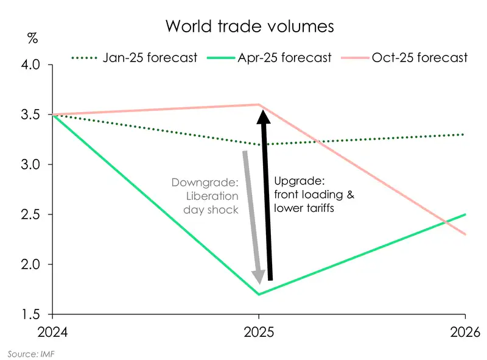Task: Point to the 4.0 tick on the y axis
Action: pos(36,65)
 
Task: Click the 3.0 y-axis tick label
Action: pos(36,164)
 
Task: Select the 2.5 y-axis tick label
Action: pos(36,214)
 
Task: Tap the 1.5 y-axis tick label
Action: pos(36,314)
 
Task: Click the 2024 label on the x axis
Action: pos(52,333)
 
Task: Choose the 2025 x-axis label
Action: pos(259,333)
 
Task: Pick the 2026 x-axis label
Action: pos(465,333)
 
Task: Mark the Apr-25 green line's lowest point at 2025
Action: pos(259,294)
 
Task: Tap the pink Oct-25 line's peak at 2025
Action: pos(259,105)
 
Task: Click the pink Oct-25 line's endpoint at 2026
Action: pos(465,235)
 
